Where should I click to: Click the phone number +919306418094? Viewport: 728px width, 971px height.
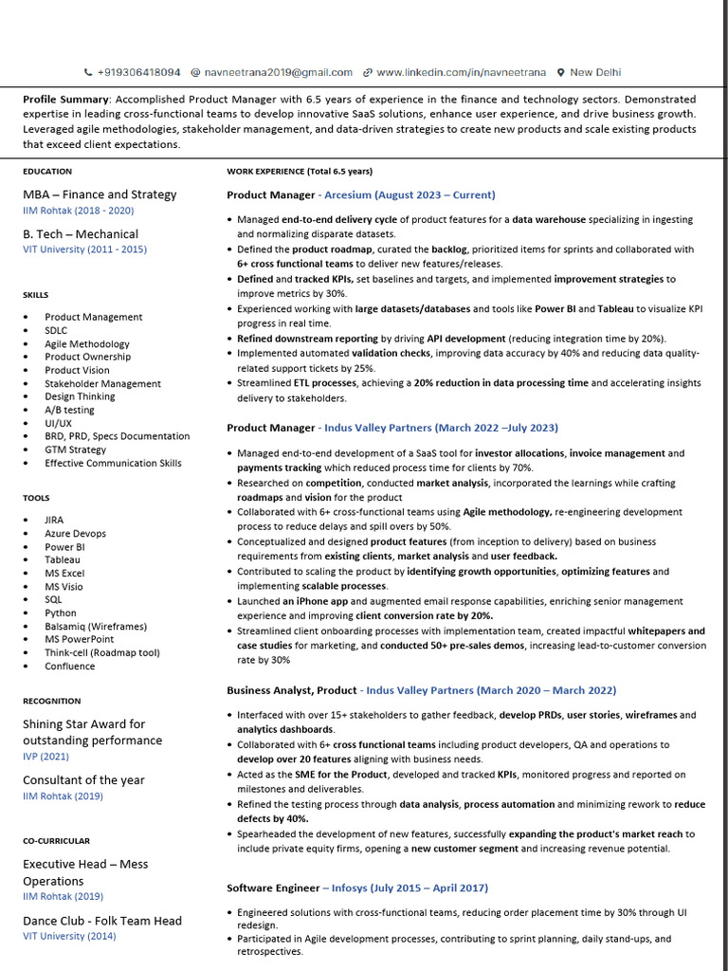coord(138,72)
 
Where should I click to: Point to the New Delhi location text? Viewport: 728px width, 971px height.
coord(595,72)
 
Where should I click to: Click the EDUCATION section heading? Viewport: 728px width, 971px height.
coord(47,172)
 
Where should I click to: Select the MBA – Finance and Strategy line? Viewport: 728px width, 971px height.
coord(100,194)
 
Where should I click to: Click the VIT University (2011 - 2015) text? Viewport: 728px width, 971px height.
coord(85,249)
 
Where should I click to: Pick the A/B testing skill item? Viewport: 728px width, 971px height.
coord(69,411)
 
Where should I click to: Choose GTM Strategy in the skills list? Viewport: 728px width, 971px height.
coord(76,449)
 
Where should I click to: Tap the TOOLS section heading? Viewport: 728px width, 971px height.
coord(36,498)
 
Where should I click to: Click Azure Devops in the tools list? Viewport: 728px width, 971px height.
coord(76,534)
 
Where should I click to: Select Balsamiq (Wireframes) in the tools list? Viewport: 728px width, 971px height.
coord(96,626)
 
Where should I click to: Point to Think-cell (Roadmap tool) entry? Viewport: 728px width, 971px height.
coord(102,652)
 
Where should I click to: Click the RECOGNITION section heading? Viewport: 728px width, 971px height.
coord(52,701)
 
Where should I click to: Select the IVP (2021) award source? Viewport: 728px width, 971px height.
coord(45,757)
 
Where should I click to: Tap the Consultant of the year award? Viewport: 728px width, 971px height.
coord(83,780)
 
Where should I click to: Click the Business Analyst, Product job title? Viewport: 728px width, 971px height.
coord(292,690)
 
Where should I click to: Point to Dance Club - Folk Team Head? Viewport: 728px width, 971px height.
coord(102,921)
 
